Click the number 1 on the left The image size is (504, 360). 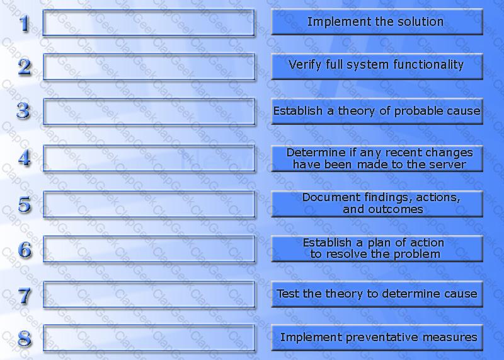pyautogui.click(x=25, y=23)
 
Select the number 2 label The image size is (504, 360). pyautogui.click(x=25, y=67)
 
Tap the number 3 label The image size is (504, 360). pyautogui.click(x=24, y=111)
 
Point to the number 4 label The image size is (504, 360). pyautogui.click(x=25, y=158)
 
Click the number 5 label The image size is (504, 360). pyautogui.click(x=25, y=204)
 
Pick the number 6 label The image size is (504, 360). pyautogui.click(x=25, y=250)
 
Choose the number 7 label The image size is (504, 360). pyautogui.click(x=25, y=296)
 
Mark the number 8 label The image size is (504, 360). pyautogui.click(x=25, y=339)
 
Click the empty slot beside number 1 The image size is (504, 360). pyautogui.click(x=149, y=23)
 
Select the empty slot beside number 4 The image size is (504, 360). pyautogui.click(x=149, y=158)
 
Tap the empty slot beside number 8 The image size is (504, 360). pyautogui.click(x=149, y=338)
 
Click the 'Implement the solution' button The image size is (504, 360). pyautogui.click(x=377, y=21)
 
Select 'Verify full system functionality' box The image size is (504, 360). pyautogui.click(x=377, y=66)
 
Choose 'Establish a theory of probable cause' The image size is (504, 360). pyautogui.click(x=377, y=111)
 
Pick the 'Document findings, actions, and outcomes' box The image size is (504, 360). pyautogui.click(x=377, y=204)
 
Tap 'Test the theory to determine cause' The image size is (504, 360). pyautogui.click(x=377, y=294)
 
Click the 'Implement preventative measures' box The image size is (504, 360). pyautogui.click(x=377, y=337)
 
